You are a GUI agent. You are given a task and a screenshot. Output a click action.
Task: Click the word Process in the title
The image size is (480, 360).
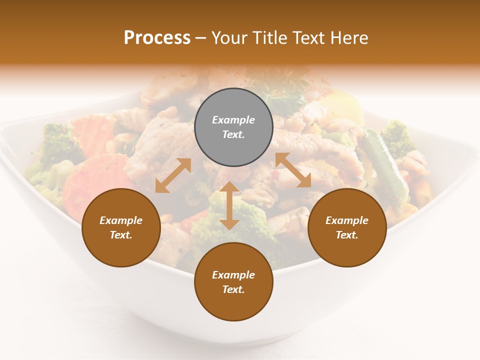(x=157, y=38)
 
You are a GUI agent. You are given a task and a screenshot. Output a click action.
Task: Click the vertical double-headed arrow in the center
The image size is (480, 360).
(x=229, y=205)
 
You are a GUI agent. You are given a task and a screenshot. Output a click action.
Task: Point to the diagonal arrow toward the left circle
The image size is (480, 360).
(x=173, y=175)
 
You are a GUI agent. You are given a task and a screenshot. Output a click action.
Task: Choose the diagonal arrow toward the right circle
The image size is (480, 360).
(x=293, y=170)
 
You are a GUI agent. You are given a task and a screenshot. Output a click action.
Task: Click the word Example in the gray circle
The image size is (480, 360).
(x=233, y=120)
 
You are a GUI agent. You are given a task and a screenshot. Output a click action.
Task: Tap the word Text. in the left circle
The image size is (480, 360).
(x=121, y=235)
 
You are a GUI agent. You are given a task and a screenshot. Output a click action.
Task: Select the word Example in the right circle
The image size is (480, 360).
(x=347, y=220)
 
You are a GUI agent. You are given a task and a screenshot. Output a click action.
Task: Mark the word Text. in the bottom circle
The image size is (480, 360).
(x=233, y=289)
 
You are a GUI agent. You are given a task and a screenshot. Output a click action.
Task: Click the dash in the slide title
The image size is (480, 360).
(x=200, y=38)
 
